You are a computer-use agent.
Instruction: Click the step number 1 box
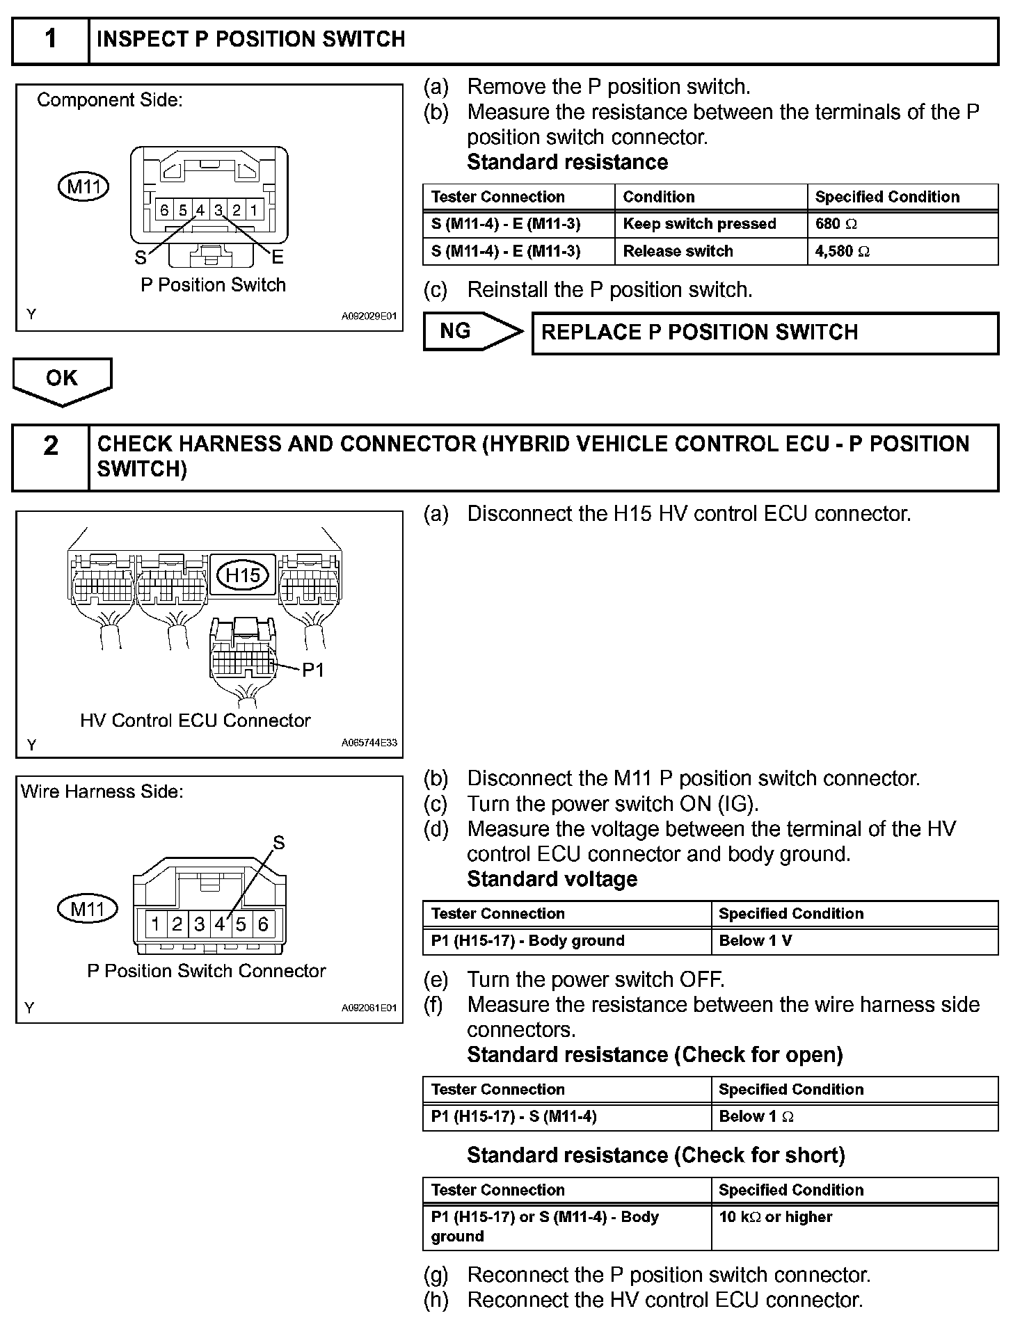(51, 40)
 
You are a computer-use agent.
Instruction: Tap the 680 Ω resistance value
(836, 224)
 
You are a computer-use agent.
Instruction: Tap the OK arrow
(62, 379)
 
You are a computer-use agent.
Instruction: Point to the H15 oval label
(243, 574)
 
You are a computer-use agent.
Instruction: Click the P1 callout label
(313, 670)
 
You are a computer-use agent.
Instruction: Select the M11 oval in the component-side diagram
(83, 187)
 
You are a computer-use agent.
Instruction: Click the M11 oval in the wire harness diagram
(88, 908)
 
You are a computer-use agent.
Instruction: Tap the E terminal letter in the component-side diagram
(278, 258)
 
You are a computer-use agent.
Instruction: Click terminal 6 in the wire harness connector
(263, 924)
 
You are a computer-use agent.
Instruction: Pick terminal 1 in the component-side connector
(254, 209)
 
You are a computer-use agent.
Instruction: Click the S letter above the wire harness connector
(279, 844)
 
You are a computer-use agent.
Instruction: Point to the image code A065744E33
(369, 743)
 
